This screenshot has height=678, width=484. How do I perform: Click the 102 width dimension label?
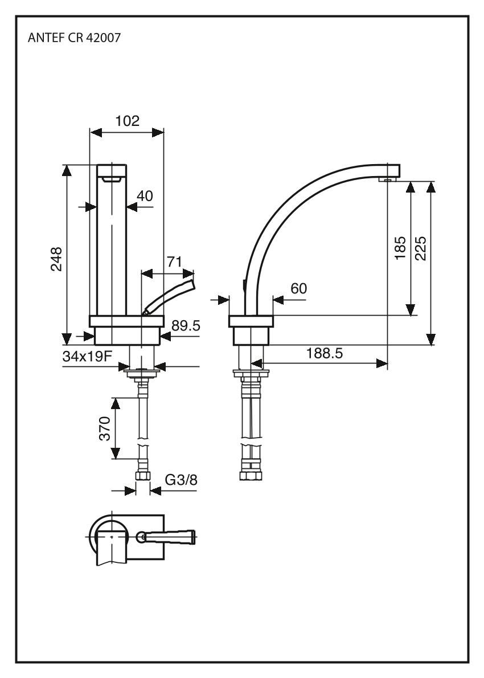[127, 120]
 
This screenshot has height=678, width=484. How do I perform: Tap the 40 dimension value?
[145, 196]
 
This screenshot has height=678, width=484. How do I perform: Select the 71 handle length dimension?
[174, 262]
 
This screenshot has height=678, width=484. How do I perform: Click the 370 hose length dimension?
[103, 428]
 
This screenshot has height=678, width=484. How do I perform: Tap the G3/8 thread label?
[181, 480]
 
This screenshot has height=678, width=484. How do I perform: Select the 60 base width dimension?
[298, 289]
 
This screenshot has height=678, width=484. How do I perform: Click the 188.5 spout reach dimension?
[325, 353]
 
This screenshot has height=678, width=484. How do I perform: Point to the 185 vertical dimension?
[400, 248]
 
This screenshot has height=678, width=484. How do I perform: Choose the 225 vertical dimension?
[421, 248]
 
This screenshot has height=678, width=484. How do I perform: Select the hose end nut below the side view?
[249, 474]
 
